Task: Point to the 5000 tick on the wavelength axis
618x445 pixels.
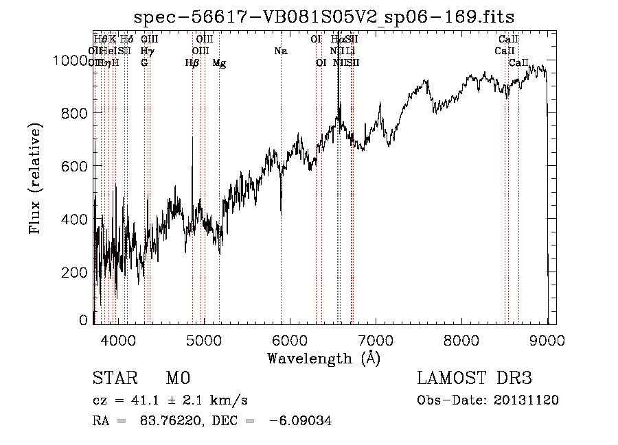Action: click(203, 339)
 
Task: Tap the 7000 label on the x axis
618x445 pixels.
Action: click(375, 339)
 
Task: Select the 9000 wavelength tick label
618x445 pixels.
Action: click(547, 339)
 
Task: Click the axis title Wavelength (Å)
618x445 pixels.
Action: click(323, 358)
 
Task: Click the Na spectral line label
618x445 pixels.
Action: click(280, 51)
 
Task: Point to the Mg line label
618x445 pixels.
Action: click(219, 63)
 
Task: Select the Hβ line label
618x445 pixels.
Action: click(192, 63)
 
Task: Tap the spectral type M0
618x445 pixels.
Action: click(177, 378)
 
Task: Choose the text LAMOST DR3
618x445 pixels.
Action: click(474, 378)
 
